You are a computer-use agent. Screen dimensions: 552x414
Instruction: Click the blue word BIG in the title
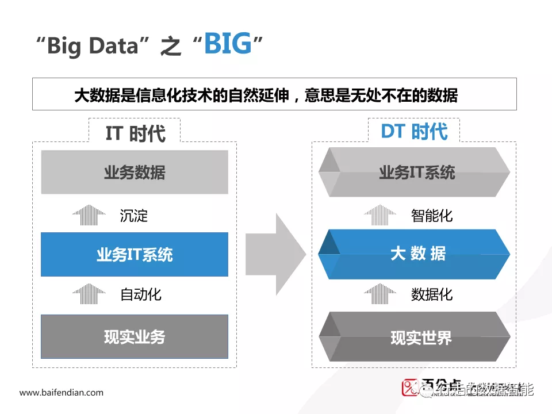click(228, 44)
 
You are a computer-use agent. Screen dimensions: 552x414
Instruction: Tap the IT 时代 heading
click(135, 133)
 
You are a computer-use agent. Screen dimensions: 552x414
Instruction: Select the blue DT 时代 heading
click(414, 132)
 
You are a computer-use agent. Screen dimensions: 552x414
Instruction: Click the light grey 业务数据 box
click(135, 172)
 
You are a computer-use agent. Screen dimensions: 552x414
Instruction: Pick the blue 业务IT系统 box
click(135, 255)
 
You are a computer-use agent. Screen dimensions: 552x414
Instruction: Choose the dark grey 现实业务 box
click(135, 336)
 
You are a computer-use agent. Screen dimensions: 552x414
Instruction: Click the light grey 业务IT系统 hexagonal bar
click(415, 172)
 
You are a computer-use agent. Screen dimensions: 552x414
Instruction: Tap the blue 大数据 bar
click(415, 254)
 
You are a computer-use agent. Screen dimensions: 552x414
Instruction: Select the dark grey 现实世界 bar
click(415, 337)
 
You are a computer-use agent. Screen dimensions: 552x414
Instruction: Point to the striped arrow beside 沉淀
click(89, 215)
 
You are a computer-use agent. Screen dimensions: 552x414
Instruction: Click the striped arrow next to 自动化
click(89, 294)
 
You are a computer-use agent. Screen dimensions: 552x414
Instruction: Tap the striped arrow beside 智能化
click(380, 215)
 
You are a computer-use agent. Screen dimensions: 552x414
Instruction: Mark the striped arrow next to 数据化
click(380, 294)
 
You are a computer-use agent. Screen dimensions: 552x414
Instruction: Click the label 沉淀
click(134, 216)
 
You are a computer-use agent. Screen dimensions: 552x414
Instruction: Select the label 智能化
click(432, 216)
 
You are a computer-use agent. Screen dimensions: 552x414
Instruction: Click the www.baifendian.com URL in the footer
click(62, 393)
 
